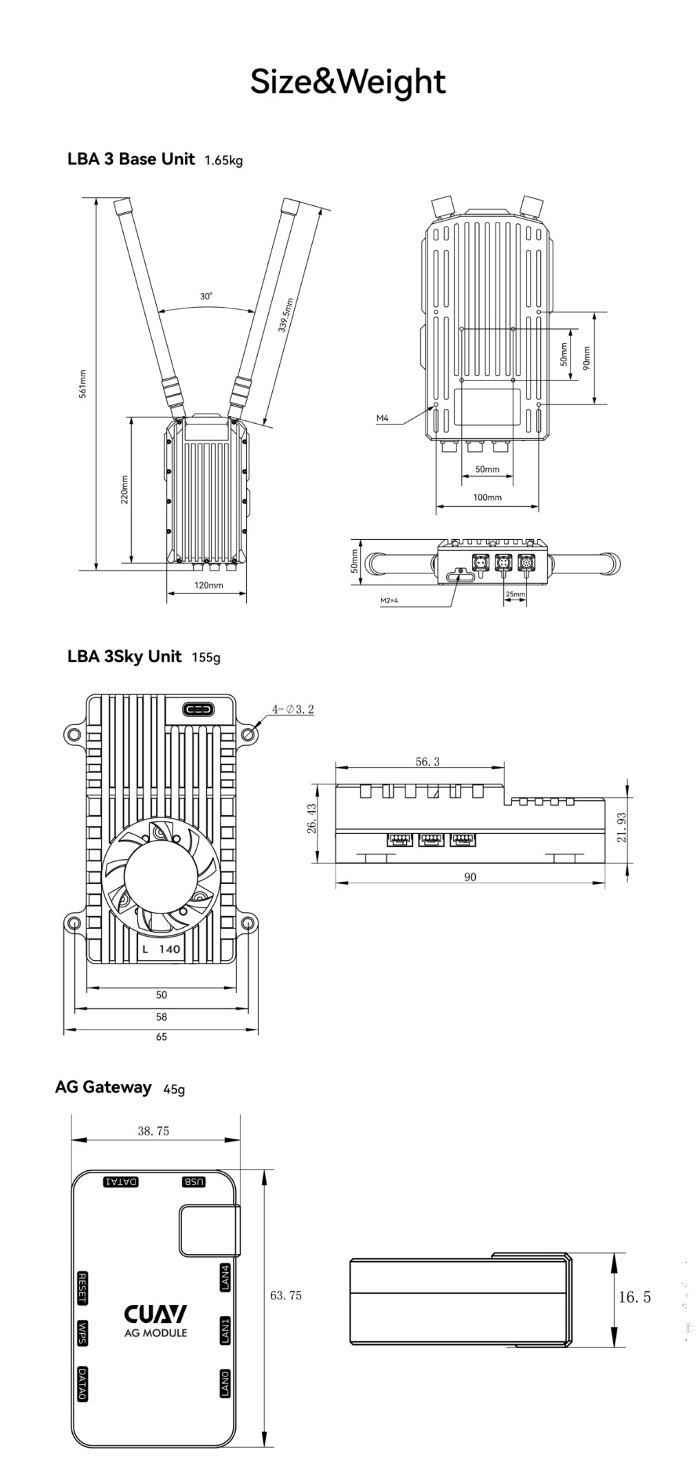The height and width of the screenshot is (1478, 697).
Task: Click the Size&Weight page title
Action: coord(348,82)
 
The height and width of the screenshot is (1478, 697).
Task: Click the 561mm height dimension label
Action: coord(82,383)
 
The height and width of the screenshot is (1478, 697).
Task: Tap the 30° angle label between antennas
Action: coord(206,296)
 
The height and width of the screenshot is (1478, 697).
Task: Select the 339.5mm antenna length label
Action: coord(286,315)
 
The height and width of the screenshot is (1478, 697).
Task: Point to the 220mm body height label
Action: coord(124,490)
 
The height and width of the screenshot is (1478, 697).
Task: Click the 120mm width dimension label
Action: coord(208,585)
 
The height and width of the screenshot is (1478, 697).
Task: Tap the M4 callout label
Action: coord(382,418)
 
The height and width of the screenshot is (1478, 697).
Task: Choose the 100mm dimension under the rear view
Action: coord(487,497)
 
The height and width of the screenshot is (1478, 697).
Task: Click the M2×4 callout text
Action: coord(389,600)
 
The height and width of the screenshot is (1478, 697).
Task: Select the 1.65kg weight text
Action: coord(223,161)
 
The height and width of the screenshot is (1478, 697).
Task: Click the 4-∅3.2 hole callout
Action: coord(293,709)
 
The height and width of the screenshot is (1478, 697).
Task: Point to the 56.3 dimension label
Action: coord(427,762)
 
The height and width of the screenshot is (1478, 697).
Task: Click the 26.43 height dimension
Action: coord(312,819)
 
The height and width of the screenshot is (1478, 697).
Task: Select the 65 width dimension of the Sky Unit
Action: coord(161,1036)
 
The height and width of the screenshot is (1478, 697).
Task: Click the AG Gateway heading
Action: coord(103,1087)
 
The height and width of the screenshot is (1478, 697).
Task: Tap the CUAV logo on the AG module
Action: coord(155,1313)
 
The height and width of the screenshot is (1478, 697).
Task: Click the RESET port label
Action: coord(82,1288)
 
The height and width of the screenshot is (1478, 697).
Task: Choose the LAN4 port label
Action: coord(225,1277)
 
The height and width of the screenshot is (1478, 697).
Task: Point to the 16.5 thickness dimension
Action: coord(634,1297)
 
